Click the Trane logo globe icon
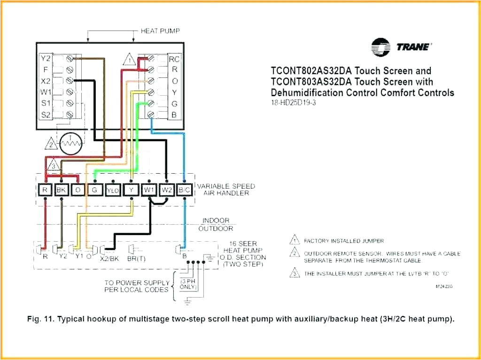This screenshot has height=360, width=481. click(x=380, y=47)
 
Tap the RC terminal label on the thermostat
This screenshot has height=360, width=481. click(x=174, y=59)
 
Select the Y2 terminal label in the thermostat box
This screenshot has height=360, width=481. click(x=45, y=59)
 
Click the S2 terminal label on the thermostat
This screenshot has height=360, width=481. click(x=45, y=114)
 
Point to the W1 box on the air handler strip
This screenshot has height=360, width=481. click(x=149, y=190)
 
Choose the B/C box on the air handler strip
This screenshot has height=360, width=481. click(x=185, y=190)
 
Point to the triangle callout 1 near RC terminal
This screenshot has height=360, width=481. click(x=129, y=61)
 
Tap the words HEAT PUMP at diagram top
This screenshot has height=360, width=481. click(x=161, y=31)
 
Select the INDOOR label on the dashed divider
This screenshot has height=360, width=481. click(x=216, y=221)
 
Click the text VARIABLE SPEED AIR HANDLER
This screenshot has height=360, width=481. click(x=226, y=190)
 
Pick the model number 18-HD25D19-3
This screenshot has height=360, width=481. click(x=293, y=102)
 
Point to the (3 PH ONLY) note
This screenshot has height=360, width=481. click(x=188, y=283)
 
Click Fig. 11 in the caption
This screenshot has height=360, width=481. click(x=40, y=320)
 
